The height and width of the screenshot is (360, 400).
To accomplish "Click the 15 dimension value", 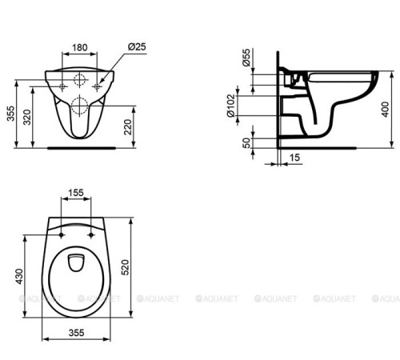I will pos(294,159).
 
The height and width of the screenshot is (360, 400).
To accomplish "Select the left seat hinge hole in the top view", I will pos(62,235).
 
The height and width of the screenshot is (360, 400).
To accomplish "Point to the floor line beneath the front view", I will pos(80,147).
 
